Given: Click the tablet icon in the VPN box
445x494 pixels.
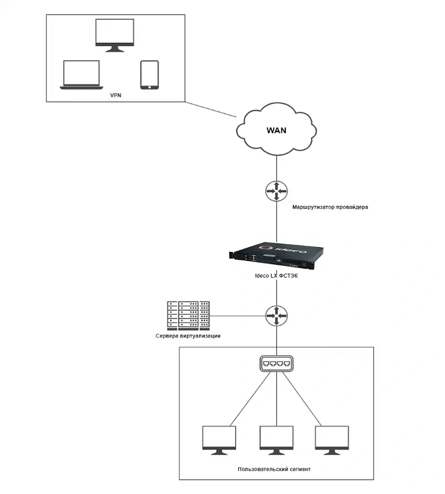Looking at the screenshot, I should coord(149,75).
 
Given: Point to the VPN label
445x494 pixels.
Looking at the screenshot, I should coord(116,96).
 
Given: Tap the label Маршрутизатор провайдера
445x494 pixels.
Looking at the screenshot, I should coord(330,207).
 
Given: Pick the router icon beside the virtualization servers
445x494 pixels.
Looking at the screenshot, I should coord(276,316).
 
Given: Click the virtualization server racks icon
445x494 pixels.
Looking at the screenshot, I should coord(189,316).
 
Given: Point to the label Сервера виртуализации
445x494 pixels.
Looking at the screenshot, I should coord(189,337).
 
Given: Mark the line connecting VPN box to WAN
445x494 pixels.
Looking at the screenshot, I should coord(211,110).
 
